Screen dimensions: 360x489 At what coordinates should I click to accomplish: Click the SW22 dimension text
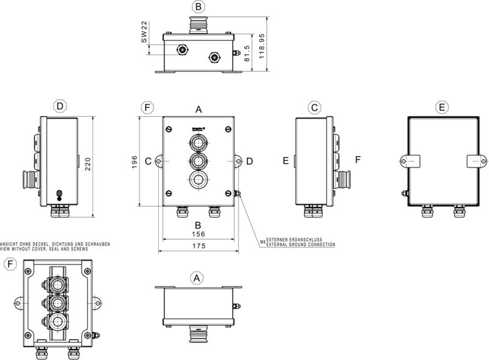(144, 32)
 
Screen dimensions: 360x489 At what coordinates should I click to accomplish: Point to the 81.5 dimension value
(246, 54)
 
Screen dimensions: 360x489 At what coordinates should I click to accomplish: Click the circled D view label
(59, 106)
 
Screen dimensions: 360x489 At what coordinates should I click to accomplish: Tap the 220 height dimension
(88, 166)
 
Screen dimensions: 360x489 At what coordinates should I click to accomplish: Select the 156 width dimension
(198, 234)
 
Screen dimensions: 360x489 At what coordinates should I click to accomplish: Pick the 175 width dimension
(198, 246)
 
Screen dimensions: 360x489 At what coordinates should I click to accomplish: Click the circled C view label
(314, 108)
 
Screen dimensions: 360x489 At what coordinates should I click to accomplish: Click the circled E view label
(442, 107)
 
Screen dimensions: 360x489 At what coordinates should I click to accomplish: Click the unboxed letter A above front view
(199, 109)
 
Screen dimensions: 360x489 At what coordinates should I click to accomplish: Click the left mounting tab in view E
(409, 161)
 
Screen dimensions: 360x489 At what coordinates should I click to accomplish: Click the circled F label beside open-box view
(10, 264)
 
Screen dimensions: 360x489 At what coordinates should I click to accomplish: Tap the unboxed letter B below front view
(198, 224)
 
